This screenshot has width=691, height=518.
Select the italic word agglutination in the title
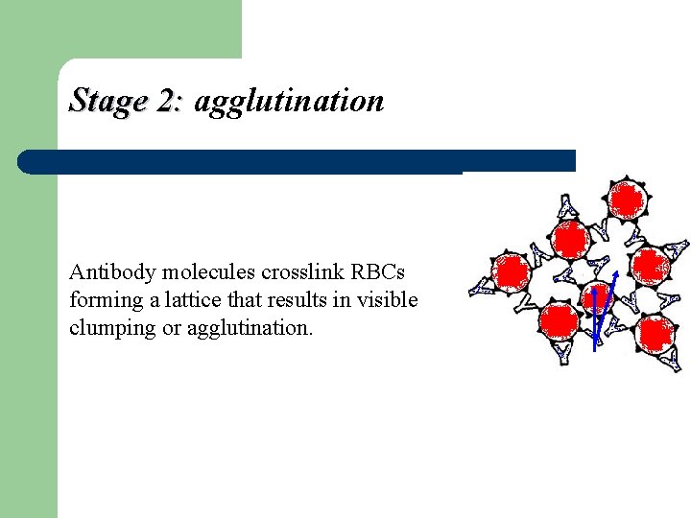pos(289,102)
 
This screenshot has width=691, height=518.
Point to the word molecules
pos(193,271)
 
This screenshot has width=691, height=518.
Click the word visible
pos(387,299)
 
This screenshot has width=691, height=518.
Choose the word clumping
pos(107,328)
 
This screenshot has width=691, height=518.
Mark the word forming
pos(100,299)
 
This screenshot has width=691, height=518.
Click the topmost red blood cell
pos(627,200)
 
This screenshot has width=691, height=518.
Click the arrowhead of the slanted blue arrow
pos(613,275)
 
